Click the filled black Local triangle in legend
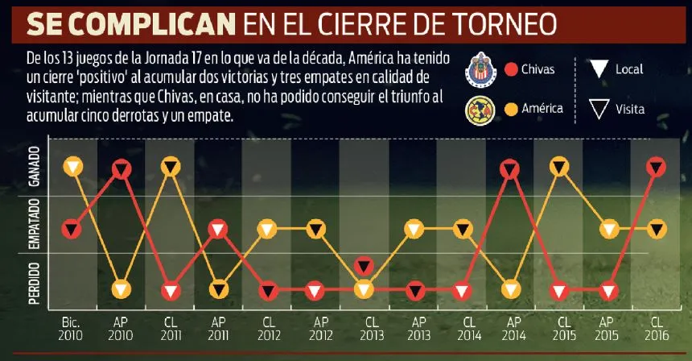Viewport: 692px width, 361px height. click(x=597, y=70)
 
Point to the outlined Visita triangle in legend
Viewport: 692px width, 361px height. click(x=597, y=109)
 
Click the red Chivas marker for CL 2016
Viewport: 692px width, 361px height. click(x=657, y=168)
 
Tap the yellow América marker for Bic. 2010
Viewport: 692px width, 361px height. click(x=73, y=167)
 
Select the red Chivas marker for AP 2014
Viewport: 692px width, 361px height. click(x=510, y=169)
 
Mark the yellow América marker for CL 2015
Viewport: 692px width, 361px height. click(x=560, y=168)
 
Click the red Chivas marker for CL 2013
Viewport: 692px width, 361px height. click(x=365, y=266)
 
